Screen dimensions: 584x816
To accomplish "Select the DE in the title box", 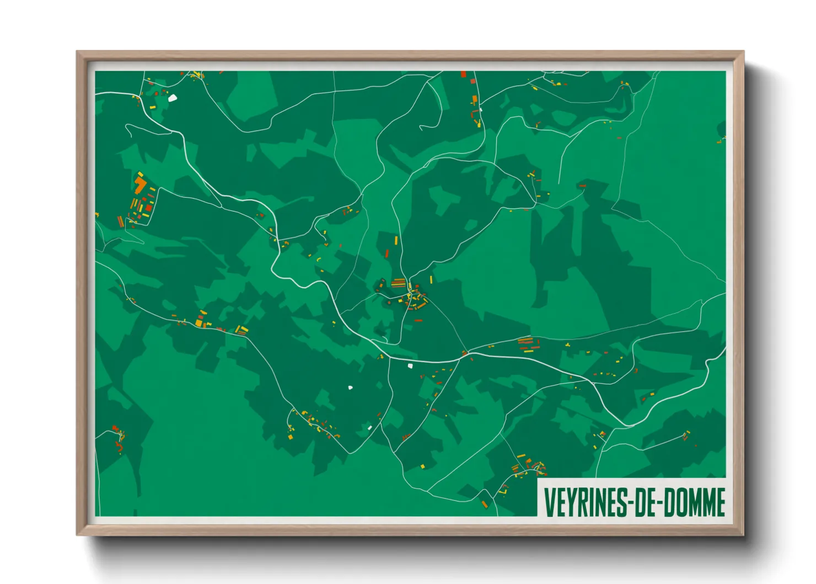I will (646, 502).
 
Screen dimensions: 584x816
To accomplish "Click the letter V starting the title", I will (549, 502).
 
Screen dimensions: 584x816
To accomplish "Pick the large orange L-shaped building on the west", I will (140, 185).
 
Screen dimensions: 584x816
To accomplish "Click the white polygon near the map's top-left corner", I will (173, 98).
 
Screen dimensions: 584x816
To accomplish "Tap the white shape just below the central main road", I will (410, 365).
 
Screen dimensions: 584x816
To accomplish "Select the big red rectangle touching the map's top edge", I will (464, 74).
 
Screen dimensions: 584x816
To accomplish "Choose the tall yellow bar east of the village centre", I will (431, 279).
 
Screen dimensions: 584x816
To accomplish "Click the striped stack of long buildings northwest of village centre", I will (398, 283).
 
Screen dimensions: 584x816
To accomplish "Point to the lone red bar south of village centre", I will (419, 320).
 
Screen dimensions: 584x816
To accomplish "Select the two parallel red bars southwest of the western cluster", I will (120, 221).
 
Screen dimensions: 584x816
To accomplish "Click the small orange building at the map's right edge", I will (719, 142).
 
